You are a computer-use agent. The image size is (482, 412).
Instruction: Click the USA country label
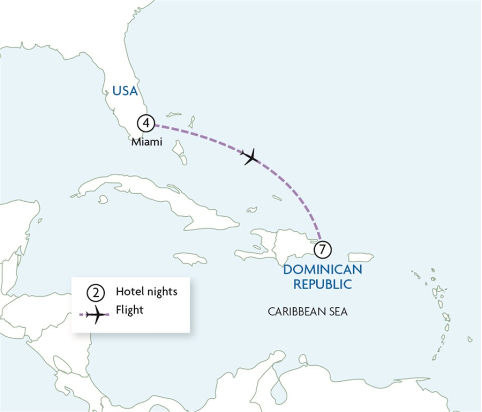coord(125,91)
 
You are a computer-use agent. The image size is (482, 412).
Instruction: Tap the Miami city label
coord(146,142)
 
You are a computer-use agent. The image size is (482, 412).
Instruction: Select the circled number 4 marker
coord(146,123)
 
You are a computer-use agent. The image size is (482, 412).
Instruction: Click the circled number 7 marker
coord(322,249)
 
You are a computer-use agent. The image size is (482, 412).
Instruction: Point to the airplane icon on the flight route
coord(249,157)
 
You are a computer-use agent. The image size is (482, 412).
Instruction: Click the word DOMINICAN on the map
coord(322,269)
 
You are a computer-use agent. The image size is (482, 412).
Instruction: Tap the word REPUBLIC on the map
coord(322,284)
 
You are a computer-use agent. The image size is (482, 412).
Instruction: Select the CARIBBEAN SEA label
coord(307,311)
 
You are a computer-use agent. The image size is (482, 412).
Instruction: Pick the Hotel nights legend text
coord(146,292)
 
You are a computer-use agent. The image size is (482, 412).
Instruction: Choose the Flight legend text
coord(129,310)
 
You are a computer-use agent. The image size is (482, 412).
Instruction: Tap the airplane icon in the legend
coord(96,314)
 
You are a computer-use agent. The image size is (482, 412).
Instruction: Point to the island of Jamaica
coord(190,258)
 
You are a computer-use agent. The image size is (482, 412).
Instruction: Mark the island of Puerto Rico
coord(361,257)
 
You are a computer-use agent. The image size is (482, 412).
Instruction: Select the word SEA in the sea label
coord(337,311)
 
